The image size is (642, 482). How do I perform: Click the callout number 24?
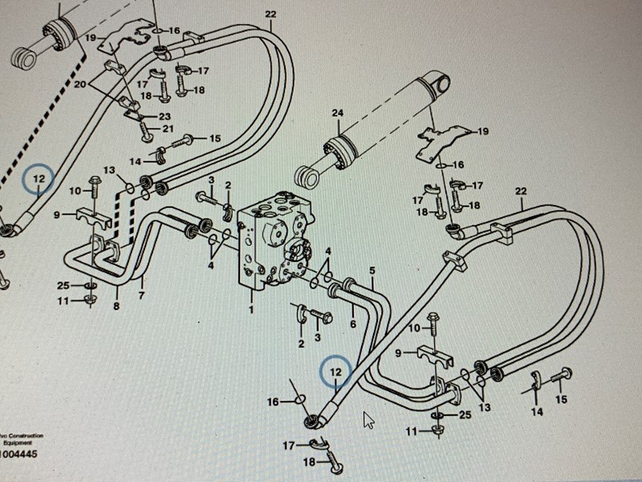(x=337, y=113)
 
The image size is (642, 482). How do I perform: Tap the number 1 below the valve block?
(x=251, y=308)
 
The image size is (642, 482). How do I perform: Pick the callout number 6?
(x=352, y=324)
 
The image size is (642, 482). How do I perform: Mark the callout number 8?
(x=116, y=305)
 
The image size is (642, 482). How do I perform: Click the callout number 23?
(x=165, y=116)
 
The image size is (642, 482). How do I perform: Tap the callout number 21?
(x=168, y=129)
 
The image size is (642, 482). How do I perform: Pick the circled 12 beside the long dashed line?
(x=39, y=179)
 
